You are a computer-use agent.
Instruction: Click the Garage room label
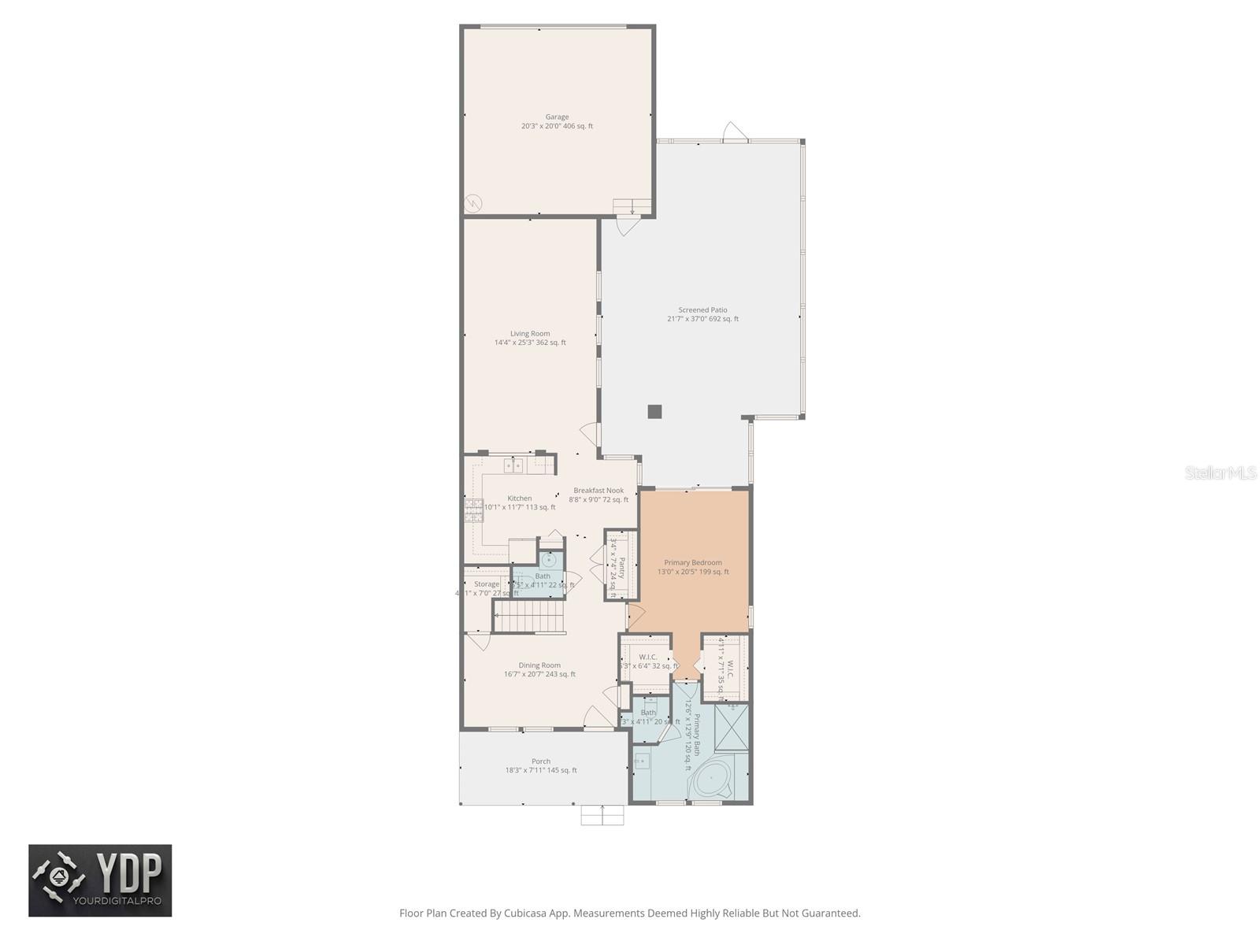pos(557,121)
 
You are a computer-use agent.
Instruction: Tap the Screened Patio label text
pos(702,314)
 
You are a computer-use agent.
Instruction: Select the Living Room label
pos(530,338)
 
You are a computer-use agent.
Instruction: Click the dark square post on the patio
pos(654,411)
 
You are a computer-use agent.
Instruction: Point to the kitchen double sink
pos(513,465)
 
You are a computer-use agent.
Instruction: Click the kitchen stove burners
pos(473,511)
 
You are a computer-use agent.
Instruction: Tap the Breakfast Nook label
pos(598,495)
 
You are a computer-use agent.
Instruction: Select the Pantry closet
pos(621,565)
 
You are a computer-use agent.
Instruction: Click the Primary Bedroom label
pos(693,567)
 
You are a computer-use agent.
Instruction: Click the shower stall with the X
pos(732,728)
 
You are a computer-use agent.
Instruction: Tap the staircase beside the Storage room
pos(529,615)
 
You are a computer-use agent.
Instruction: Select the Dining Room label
pos(539,669)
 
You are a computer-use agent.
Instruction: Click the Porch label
pos(541,765)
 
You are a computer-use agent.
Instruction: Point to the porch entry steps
pos(602,815)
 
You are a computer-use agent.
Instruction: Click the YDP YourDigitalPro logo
pos(100,880)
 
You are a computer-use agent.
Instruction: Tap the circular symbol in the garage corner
pos(472,203)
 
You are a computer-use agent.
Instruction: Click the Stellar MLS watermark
pos(1221,472)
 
